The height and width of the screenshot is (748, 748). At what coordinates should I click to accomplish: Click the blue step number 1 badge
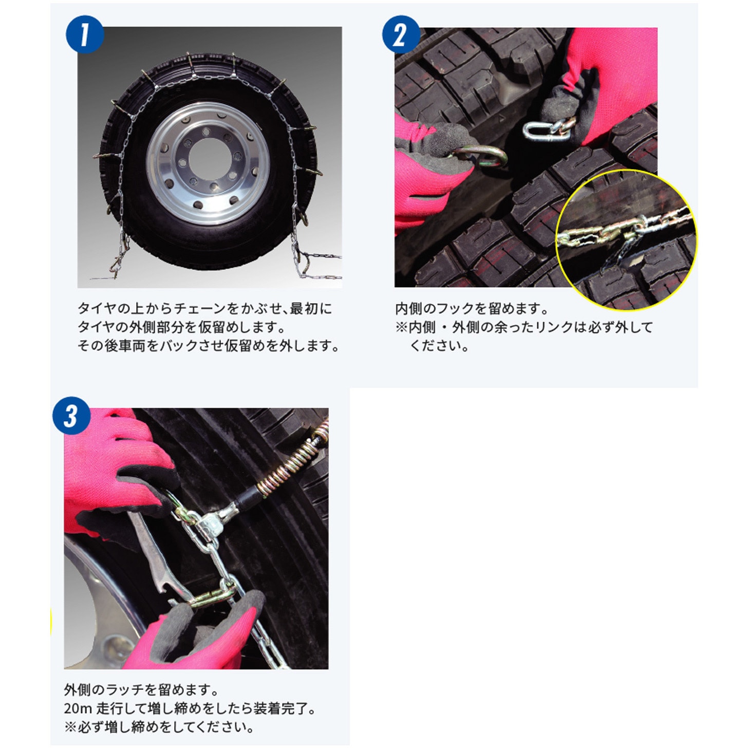coord(84,35)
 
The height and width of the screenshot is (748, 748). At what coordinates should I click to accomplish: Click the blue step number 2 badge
coord(401,35)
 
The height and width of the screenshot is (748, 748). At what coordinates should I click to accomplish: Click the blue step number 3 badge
coord(71,416)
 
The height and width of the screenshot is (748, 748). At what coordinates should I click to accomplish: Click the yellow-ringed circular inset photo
coord(626,239)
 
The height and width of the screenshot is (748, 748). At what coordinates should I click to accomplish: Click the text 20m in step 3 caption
coord(78,708)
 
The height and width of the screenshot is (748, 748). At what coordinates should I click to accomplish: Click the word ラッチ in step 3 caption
coord(125,690)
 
